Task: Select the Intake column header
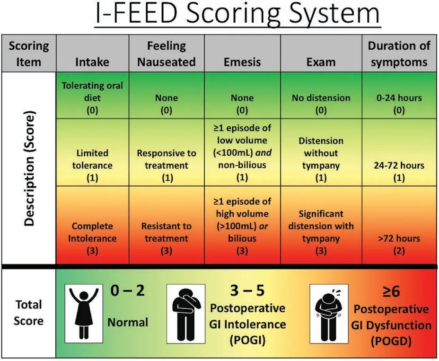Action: click(x=92, y=62)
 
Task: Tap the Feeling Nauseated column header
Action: click(x=166, y=54)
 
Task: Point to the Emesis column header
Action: click(x=242, y=62)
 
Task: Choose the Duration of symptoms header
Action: click(x=399, y=54)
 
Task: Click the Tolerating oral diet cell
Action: click(x=92, y=98)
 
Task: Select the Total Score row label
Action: click(x=28, y=312)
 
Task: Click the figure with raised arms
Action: click(x=84, y=313)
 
